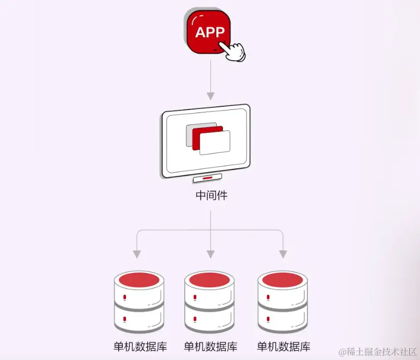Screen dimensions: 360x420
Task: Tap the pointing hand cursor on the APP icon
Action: [233, 51]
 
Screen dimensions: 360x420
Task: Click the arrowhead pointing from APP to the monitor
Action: [210, 96]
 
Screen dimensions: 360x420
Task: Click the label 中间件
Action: [210, 195]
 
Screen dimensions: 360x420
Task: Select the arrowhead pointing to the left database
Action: [137, 254]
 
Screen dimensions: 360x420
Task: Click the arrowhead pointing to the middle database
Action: [210, 254]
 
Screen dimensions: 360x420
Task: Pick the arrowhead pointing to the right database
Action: [283, 254]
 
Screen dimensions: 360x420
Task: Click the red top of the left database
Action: [139, 280]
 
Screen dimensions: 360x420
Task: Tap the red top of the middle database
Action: [210, 280]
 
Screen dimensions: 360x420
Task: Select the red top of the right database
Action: [283, 280]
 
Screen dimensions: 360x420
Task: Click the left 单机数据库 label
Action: [140, 346]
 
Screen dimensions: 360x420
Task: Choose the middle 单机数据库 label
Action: [210, 346]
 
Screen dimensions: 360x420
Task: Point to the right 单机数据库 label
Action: [283, 346]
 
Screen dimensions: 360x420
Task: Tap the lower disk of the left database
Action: [139, 320]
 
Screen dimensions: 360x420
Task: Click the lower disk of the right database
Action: [283, 320]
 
